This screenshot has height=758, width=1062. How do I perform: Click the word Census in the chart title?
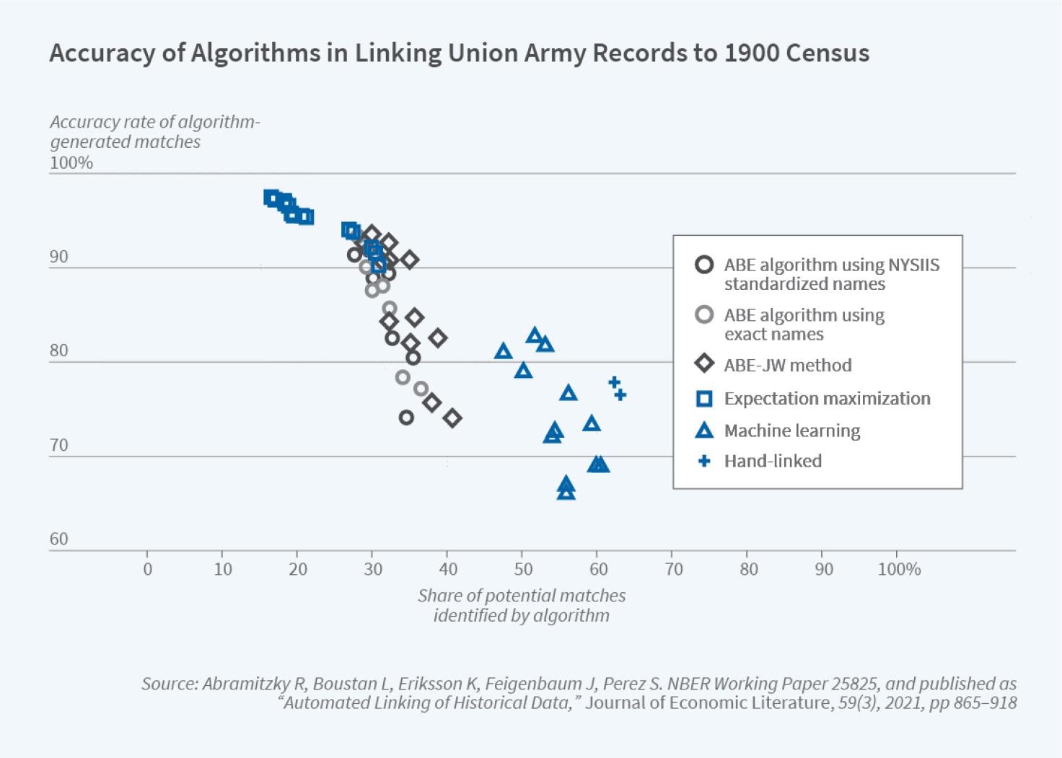click(x=828, y=53)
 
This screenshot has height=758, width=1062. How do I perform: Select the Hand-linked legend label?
click(x=773, y=461)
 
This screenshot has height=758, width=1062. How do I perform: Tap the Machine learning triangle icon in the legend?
click(x=704, y=431)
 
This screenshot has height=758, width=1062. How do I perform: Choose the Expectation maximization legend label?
click(x=827, y=398)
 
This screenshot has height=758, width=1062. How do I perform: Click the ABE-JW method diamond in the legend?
click(x=704, y=364)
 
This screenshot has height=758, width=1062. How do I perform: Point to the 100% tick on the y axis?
click(x=71, y=163)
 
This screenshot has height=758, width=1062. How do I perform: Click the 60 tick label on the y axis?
click(x=59, y=539)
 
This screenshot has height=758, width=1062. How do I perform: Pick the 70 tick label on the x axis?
click(x=673, y=569)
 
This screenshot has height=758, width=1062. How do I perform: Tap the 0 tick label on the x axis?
click(x=147, y=569)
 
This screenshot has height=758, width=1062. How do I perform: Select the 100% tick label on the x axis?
click(x=899, y=569)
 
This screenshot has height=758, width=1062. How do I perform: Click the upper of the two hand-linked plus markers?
click(x=614, y=382)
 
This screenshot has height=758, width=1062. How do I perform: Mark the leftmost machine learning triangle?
click(x=504, y=351)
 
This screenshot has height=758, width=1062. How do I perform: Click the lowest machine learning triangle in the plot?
click(x=566, y=492)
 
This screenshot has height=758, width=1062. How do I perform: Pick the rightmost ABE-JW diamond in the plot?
click(x=452, y=418)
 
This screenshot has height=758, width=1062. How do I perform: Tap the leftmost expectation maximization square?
click(x=271, y=197)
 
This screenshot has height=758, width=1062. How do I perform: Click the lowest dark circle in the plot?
click(x=406, y=417)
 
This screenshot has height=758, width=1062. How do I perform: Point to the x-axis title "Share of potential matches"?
click(x=521, y=596)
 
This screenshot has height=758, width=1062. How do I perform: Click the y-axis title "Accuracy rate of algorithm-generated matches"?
click(x=154, y=131)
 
